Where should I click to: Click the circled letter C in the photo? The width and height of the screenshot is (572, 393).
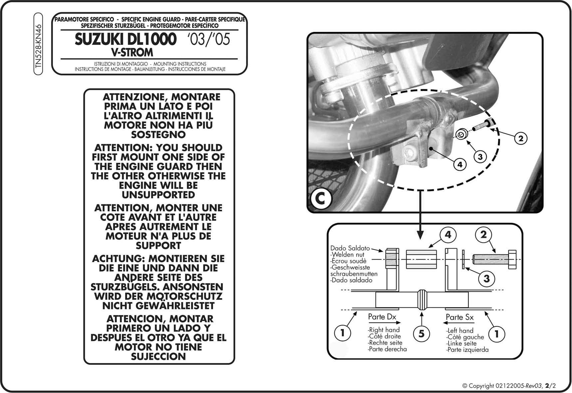[x=320, y=199]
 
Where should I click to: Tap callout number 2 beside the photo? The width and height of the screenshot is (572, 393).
[x=521, y=138]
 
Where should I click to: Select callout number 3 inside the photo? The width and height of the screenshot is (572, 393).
[x=480, y=156]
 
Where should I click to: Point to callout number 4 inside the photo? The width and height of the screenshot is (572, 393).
[x=460, y=164]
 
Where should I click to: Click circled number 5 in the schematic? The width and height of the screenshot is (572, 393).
[x=422, y=333]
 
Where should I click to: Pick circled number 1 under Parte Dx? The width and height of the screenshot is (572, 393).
[x=342, y=333]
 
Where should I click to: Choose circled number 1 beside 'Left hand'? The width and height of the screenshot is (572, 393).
[x=497, y=333]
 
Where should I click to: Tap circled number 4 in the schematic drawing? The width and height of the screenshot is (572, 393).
[x=448, y=235]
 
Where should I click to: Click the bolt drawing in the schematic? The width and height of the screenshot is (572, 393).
[x=495, y=260]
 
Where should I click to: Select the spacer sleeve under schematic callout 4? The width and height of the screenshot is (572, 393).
[x=421, y=260]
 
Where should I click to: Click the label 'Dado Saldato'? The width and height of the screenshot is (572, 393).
[x=350, y=248]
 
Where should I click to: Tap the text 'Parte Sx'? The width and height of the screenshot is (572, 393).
[x=459, y=317]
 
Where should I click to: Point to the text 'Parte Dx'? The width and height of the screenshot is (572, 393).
[x=382, y=317]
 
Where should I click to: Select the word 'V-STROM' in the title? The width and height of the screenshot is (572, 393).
[x=132, y=53]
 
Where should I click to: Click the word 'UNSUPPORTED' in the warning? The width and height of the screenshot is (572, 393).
[x=158, y=195]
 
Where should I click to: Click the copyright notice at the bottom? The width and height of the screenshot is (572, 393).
[x=509, y=386]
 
